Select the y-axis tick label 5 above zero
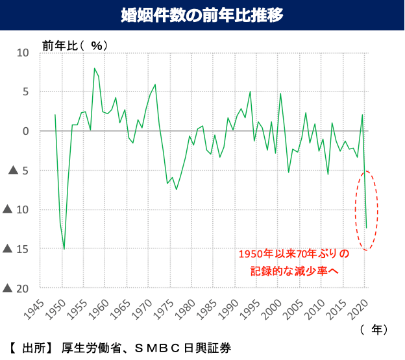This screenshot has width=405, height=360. tap(26, 91)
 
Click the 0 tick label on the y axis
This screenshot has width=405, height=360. tap(26, 131)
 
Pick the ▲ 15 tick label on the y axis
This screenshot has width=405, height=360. tap(18, 248)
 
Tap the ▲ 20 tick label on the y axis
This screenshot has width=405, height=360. tap(18, 288)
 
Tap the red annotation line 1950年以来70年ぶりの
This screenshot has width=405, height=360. tap(293, 254)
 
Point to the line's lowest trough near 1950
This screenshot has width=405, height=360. tap(64, 248)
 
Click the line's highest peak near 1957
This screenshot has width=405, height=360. tap(94, 68)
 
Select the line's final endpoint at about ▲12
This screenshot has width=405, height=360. tap(366, 228)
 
